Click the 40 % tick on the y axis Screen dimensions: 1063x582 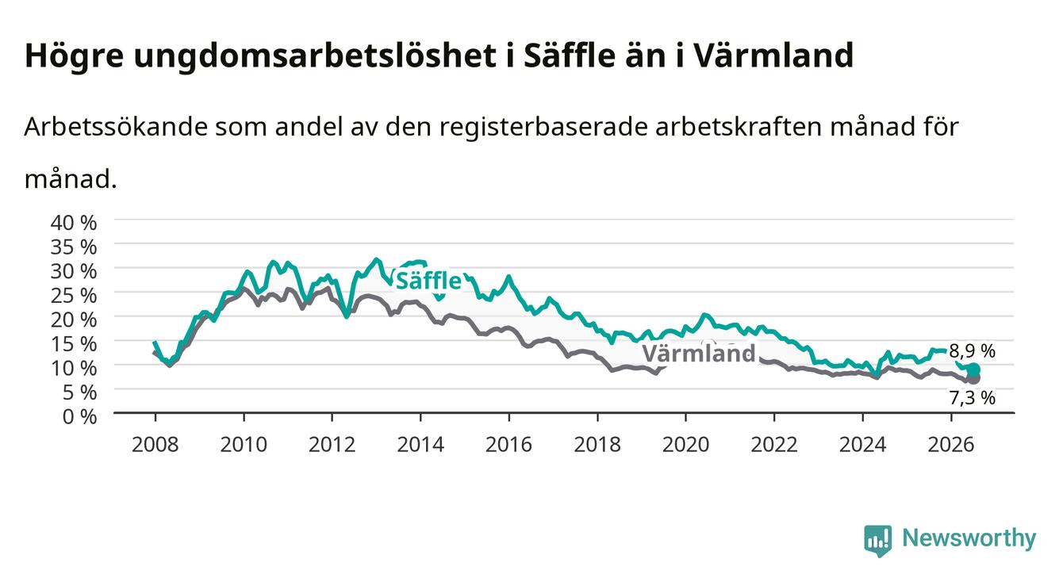(74, 223)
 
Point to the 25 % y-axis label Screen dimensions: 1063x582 (74, 296)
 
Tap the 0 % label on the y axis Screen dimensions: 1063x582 (79, 416)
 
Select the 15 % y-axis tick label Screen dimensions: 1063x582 (74, 344)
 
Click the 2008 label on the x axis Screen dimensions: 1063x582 (155, 445)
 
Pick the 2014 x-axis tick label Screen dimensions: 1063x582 (420, 445)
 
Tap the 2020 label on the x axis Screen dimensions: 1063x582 (685, 445)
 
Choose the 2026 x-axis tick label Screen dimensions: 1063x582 (951, 445)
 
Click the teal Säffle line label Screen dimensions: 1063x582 (428, 281)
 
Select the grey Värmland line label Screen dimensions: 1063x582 (699, 354)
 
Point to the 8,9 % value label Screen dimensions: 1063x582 (972, 351)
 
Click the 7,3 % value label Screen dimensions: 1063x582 (972, 398)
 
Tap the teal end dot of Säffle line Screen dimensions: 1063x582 (973, 369)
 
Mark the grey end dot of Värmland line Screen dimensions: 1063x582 (974, 378)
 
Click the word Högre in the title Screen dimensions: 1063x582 (74, 56)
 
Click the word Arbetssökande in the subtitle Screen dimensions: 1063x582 (116, 127)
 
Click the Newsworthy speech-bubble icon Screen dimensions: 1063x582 (878, 541)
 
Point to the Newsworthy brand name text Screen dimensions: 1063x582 (969, 538)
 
